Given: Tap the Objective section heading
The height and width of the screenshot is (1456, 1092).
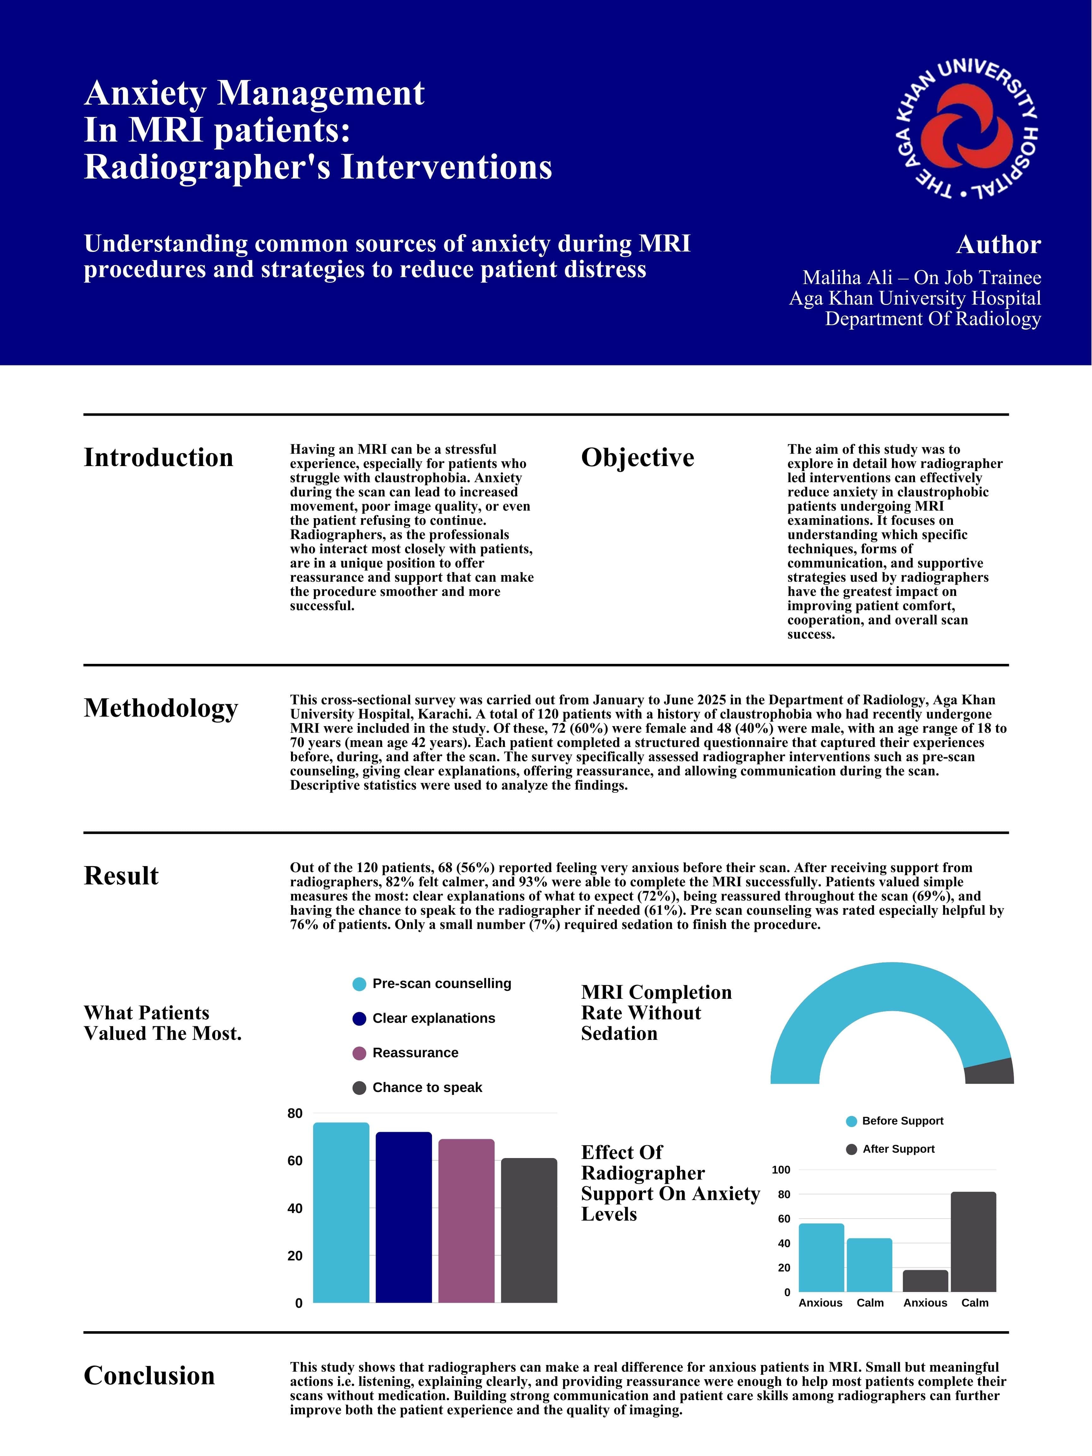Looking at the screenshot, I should click(x=637, y=458).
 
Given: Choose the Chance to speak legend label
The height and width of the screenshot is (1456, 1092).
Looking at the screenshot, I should click(x=427, y=1087).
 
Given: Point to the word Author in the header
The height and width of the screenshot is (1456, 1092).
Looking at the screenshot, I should click(x=998, y=245).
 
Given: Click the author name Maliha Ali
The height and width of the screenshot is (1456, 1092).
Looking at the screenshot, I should click(x=847, y=278).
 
